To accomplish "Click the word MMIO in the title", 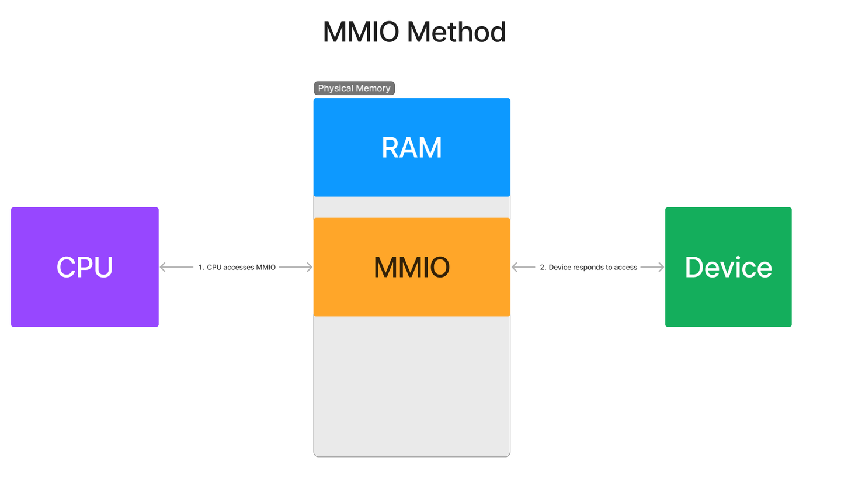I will point(360,32).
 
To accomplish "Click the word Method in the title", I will point(456,32).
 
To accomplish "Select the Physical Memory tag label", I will point(354,88).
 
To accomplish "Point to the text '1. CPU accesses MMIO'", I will point(237,267).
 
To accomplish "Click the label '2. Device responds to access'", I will point(588,267).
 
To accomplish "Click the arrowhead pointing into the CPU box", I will point(163,267).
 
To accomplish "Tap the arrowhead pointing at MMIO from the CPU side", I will point(310,267).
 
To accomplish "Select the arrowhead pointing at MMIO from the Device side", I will point(515,267).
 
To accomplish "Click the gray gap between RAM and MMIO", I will point(412,207).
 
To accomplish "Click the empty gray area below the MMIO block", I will point(412,386).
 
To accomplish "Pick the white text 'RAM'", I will point(412,148).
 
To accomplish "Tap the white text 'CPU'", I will point(85,268).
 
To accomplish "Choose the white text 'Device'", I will point(728,268).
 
